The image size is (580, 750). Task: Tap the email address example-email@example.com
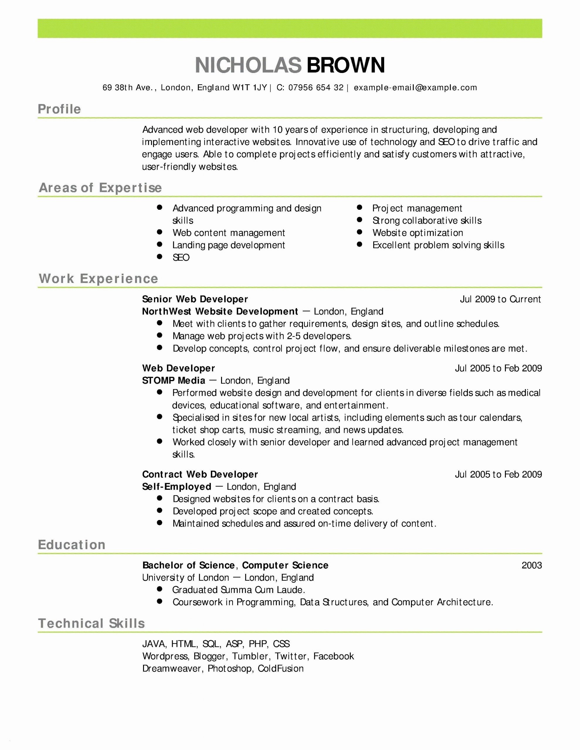[415, 88]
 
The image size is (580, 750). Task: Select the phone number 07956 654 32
[316, 88]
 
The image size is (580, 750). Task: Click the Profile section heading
[59, 109]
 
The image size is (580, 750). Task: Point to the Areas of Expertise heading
[100, 187]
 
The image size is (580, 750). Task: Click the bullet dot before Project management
[359, 207]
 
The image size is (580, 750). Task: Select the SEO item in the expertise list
[181, 258]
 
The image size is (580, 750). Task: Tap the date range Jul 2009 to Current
[500, 299]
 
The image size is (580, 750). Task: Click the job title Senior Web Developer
[195, 299]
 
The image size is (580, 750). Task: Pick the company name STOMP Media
[174, 381]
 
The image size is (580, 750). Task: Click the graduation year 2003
[532, 565]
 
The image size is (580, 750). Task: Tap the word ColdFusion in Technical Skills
[281, 669]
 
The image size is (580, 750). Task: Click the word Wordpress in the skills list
[165, 656]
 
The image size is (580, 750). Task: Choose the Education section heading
[72, 545]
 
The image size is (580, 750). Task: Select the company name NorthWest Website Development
[220, 311]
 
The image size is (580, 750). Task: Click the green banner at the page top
[290, 28]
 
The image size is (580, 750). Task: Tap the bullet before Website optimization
[359, 232]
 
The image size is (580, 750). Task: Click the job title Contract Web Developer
[200, 474]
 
